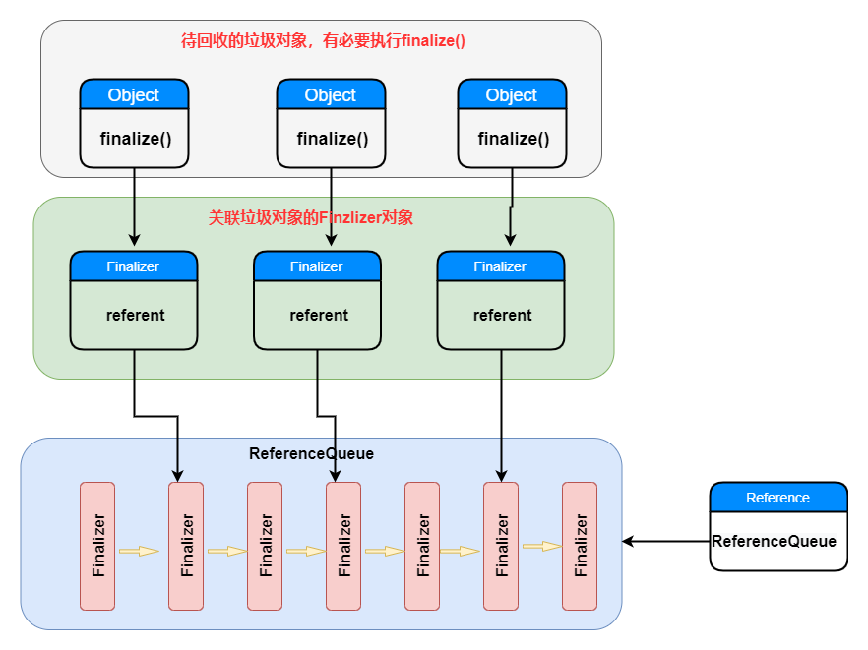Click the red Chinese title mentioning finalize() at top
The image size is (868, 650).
tap(323, 40)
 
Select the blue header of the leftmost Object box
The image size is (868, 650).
tap(134, 94)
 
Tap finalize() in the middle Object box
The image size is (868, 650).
tap(332, 139)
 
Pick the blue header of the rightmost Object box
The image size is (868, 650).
tap(512, 94)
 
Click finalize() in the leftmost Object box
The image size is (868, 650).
tap(135, 139)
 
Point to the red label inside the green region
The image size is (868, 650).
tap(310, 217)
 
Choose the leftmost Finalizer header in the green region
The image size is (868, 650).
tap(133, 266)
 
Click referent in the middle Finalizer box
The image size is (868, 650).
tap(318, 316)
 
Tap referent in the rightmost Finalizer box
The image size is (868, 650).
tap(502, 316)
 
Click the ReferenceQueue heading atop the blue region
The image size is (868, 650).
tap(311, 454)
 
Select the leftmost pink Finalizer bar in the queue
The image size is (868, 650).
tap(97, 546)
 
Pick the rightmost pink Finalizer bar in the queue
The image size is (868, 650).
tap(579, 546)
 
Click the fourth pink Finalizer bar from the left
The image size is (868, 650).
tap(343, 546)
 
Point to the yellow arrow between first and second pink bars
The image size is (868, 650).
tap(139, 551)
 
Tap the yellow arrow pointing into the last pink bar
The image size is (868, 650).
tap(541, 546)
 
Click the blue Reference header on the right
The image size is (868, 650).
tap(777, 498)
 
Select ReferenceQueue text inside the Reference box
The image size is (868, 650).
tap(775, 541)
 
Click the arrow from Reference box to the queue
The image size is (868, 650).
tap(666, 541)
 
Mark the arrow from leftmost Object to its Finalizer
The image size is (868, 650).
tap(134, 207)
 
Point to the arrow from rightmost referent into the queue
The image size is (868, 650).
tap(502, 413)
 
